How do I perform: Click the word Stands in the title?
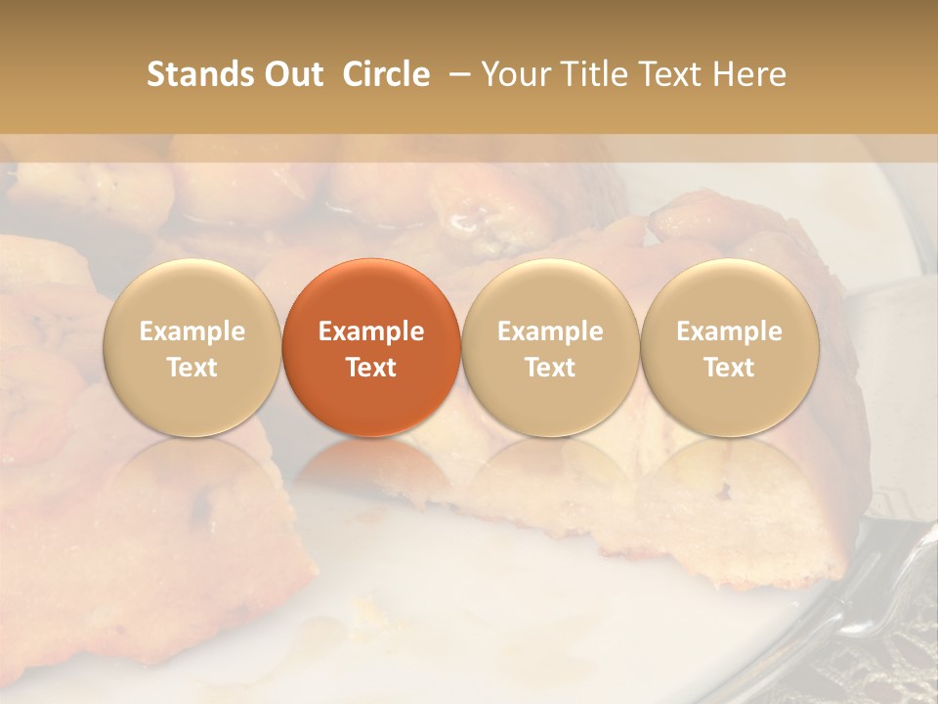point(200,74)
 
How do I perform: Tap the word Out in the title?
point(293,74)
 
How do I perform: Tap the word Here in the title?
point(750,74)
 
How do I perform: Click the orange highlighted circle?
point(371,347)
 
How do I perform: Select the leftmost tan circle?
point(192,347)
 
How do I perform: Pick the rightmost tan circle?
point(729,347)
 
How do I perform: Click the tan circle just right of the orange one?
point(550,347)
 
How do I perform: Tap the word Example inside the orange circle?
point(371,331)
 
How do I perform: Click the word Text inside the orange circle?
point(371,368)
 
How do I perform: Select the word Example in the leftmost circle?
point(192,331)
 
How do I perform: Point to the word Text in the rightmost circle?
point(729,368)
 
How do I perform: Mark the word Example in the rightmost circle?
point(729,331)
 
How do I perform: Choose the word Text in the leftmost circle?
point(192,368)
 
